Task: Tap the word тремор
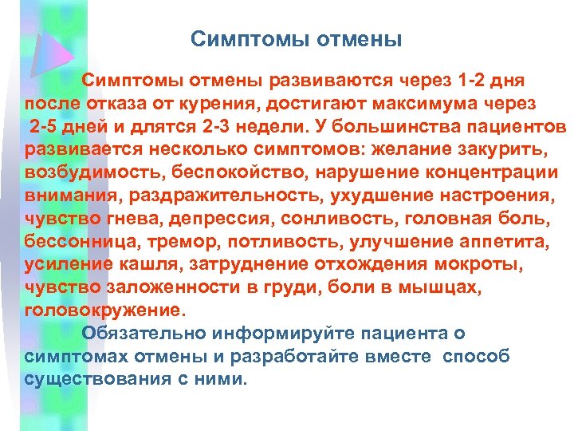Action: click(175, 240)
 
